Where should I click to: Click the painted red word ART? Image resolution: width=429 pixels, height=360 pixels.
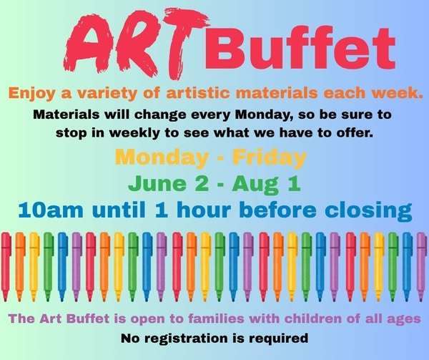(x=137, y=44)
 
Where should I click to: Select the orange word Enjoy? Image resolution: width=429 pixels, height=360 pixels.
(x=33, y=94)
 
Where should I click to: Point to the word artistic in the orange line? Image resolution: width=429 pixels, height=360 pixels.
(x=198, y=93)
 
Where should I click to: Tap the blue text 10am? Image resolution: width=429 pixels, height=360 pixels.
(x=51, y=210)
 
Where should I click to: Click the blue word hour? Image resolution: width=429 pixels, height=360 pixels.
(x=204, y=210)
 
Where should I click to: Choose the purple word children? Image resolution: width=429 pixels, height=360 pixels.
(x=312, y=318)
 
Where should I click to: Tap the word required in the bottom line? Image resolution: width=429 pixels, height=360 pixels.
(x=278, y=339)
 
